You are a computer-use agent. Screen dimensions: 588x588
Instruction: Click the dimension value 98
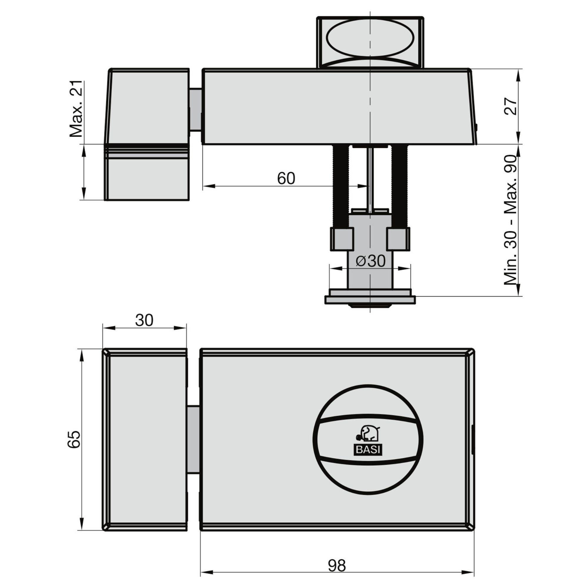point(337,557)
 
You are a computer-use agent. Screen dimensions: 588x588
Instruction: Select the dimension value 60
point(286,179)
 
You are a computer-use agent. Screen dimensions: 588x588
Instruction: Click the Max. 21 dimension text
point(76,109)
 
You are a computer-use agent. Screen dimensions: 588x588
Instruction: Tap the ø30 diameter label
point(370,261)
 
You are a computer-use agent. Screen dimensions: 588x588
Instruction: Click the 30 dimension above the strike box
point(144,320)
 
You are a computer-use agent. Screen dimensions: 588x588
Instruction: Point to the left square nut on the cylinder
point(341,239)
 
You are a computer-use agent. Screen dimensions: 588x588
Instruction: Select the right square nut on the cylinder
point(398,239)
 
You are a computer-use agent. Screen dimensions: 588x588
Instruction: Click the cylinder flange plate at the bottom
point(370,300)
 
